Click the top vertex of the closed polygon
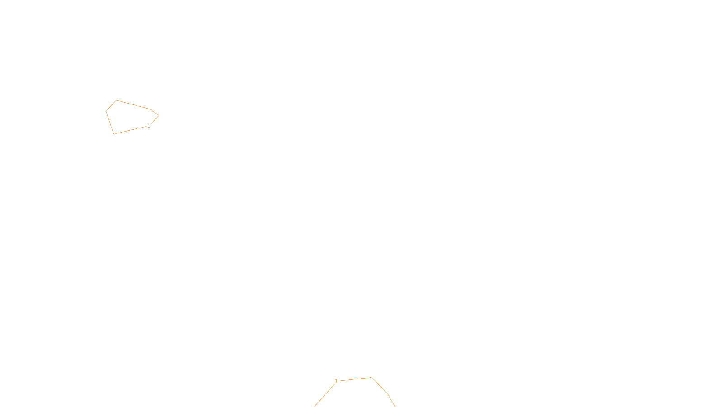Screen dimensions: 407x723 [x=117, y=100]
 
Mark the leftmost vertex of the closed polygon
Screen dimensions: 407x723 [x=106, y=111]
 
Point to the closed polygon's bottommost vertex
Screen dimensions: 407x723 [x=113, y=134]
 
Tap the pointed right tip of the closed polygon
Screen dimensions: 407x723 [x=159, y=116]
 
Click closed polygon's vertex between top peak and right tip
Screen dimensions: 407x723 [x=150, y=109]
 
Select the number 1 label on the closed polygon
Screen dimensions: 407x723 [x=149, y=126]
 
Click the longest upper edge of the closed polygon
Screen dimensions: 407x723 [x=133, y=105]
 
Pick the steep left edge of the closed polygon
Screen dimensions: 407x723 [x=110, y=122]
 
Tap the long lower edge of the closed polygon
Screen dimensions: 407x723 [x=130, y=130]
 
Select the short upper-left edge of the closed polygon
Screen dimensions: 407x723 [x=111, y=106]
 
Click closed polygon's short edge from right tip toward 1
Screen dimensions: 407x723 [x=155, y=120]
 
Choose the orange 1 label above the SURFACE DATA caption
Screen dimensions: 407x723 [x=336, y=381]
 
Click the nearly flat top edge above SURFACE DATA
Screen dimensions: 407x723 [x=355, y=379]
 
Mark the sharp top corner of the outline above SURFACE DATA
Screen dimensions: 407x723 [x=371, y=377]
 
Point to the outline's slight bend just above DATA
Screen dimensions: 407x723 [x=387, y=393]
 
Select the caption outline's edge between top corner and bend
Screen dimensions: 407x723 [x=380, y=385]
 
